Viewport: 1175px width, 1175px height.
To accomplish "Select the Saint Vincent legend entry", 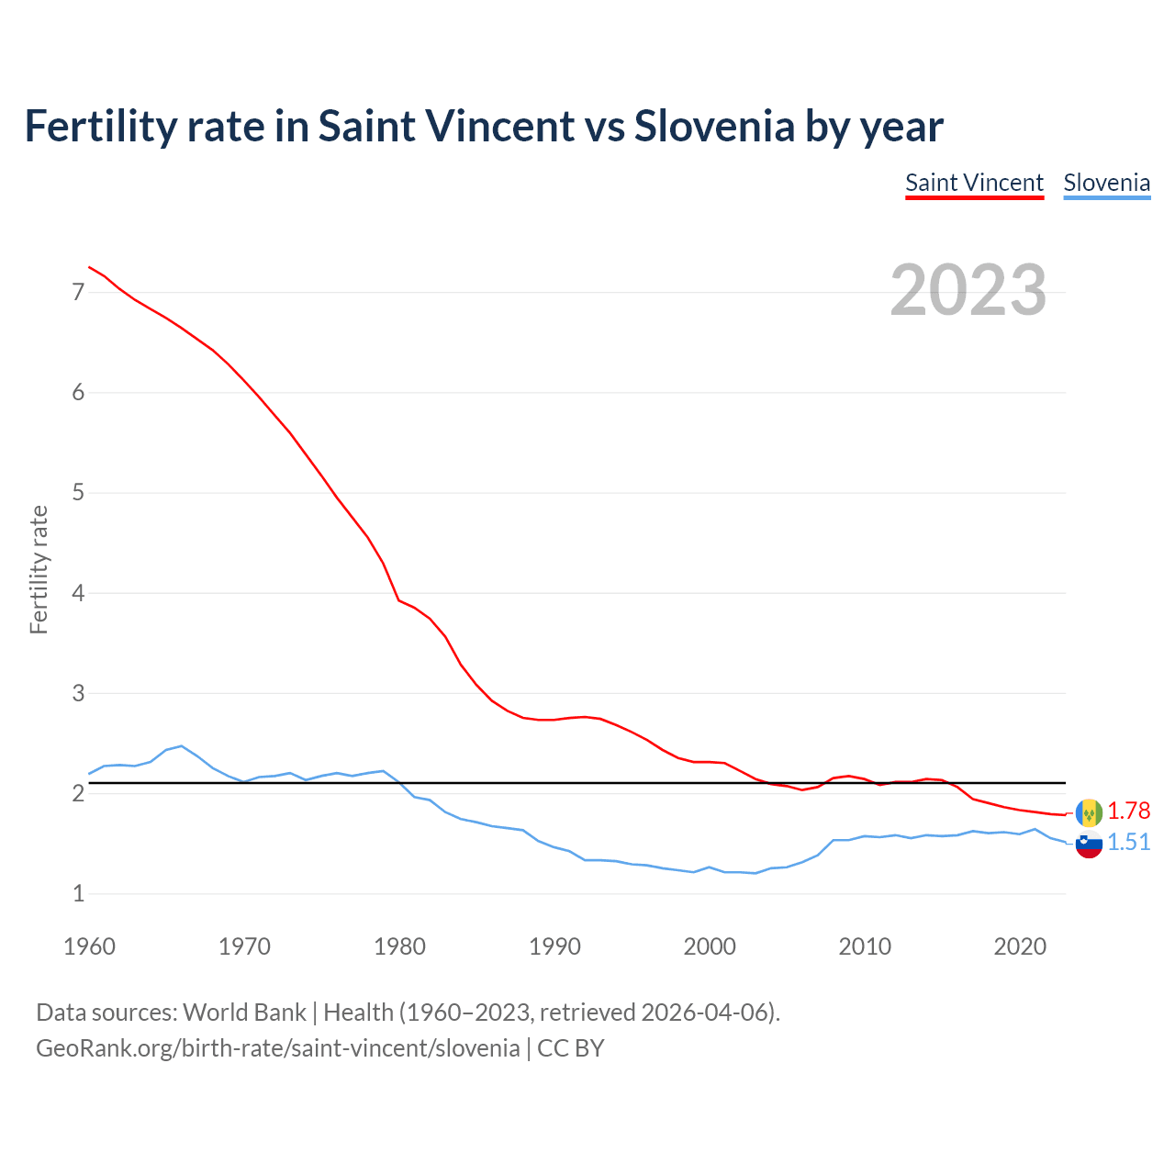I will pos(974,183).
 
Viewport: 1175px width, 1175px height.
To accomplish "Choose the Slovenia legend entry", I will pos(1106,183).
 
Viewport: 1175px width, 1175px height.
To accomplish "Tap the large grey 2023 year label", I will pos(968,290).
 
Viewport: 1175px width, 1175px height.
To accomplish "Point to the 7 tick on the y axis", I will pos(78,293).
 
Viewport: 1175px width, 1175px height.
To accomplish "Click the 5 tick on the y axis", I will pos(78,493).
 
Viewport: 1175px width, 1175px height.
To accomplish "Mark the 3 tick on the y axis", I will pos(78,693).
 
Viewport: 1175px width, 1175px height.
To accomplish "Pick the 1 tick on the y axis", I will pos(78,893).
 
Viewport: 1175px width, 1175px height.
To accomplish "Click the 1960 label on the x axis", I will pos(89,946).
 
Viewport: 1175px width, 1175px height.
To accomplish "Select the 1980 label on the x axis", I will pos(399,946).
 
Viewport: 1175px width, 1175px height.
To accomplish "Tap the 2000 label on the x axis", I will pos(710,946).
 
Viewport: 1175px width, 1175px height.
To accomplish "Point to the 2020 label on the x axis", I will pos(1020,946).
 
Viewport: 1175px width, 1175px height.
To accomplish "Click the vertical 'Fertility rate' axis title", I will pos(39,569).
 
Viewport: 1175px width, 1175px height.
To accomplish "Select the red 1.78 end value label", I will pos(1128,811).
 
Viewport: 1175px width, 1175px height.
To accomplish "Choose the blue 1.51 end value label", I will pos(1128,842).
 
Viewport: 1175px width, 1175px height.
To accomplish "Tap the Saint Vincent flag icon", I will pos(1089,812).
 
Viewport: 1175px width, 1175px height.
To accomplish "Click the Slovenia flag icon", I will pos(1089,844).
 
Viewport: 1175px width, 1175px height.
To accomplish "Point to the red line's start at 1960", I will pos(89,267).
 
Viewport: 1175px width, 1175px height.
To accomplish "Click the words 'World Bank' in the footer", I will pos(244,1012).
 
